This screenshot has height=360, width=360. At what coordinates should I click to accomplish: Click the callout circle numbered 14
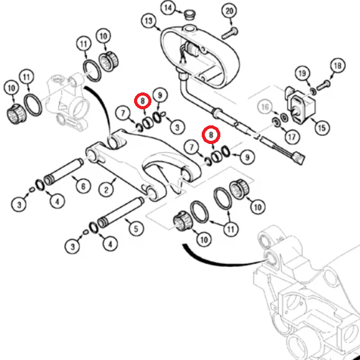(x=168, y=8)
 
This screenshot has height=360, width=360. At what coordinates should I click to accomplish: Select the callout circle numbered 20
(x=229, y=11)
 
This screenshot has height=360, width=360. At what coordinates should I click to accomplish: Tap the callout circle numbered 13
(x=148, y=21)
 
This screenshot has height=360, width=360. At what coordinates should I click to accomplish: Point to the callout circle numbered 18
(x=338, y=66)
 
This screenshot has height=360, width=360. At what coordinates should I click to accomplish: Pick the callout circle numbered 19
(x=302, y=73)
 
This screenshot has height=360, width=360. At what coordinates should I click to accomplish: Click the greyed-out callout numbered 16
(x=265, y=107)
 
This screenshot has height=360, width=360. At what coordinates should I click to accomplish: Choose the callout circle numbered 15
(x=322, y=128)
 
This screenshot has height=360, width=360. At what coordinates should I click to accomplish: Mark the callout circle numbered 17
(x=292, y=137)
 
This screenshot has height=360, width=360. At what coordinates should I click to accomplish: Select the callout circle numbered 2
(x=106, y=190)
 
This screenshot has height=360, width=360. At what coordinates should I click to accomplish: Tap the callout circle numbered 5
(x=136, y=228)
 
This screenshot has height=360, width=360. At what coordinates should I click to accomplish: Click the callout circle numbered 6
(x=83, y=186)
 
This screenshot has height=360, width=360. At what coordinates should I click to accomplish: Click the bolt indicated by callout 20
(x=230, y=34)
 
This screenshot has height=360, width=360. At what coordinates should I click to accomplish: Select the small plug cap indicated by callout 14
(x=190, y=14)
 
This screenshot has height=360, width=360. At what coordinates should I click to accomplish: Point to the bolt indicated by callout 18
(x=324, y=85)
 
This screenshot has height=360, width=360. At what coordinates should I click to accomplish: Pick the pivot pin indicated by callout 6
(x=63, y=172)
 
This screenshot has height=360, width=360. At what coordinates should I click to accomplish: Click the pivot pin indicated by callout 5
(x=120, y=212)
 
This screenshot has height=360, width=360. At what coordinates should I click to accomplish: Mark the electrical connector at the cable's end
(x=299, y=158)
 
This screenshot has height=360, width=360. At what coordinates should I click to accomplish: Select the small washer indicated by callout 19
(x=313, y=91)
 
